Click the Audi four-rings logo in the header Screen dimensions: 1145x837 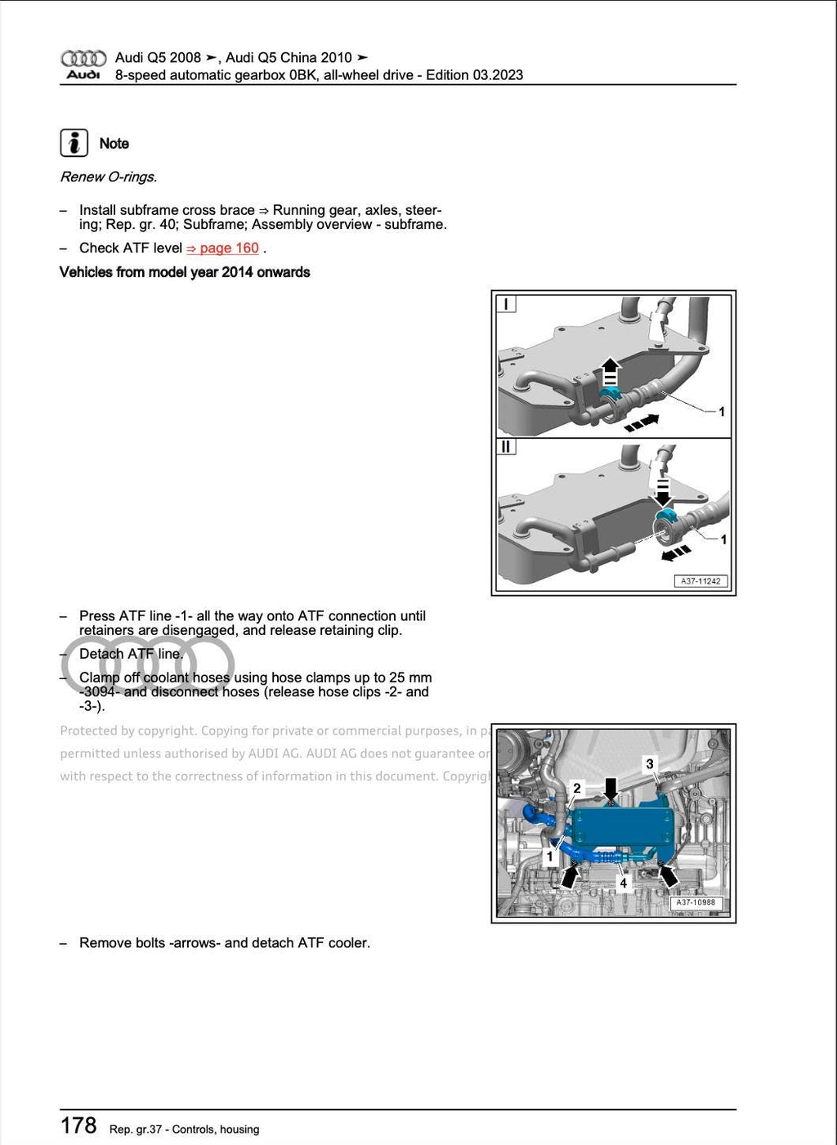pos(83,58)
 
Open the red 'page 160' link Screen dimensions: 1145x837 pos(222,248)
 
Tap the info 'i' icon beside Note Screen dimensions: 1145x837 pos(74,143)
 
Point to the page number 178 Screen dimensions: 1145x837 pos(78,1125)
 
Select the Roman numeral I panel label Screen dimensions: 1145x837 pos(506,304)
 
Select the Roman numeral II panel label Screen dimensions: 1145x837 pos(506,447)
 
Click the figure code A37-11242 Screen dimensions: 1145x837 pos(700,581)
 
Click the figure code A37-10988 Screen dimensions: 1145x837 pos(695,902)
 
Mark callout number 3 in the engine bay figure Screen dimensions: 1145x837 pos(650,763)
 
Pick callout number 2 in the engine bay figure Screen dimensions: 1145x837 pos(577,788)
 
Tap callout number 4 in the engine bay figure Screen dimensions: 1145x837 pos(623,883)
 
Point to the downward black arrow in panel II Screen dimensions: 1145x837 pos(662,490)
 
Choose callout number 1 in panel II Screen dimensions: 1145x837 pos(723,539)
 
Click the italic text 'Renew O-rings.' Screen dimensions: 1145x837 pos(109,177)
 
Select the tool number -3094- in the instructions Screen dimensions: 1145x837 pos(99,691)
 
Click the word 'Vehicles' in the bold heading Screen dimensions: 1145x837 pos(86,272)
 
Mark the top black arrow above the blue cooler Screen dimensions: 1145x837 pos(611,788)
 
